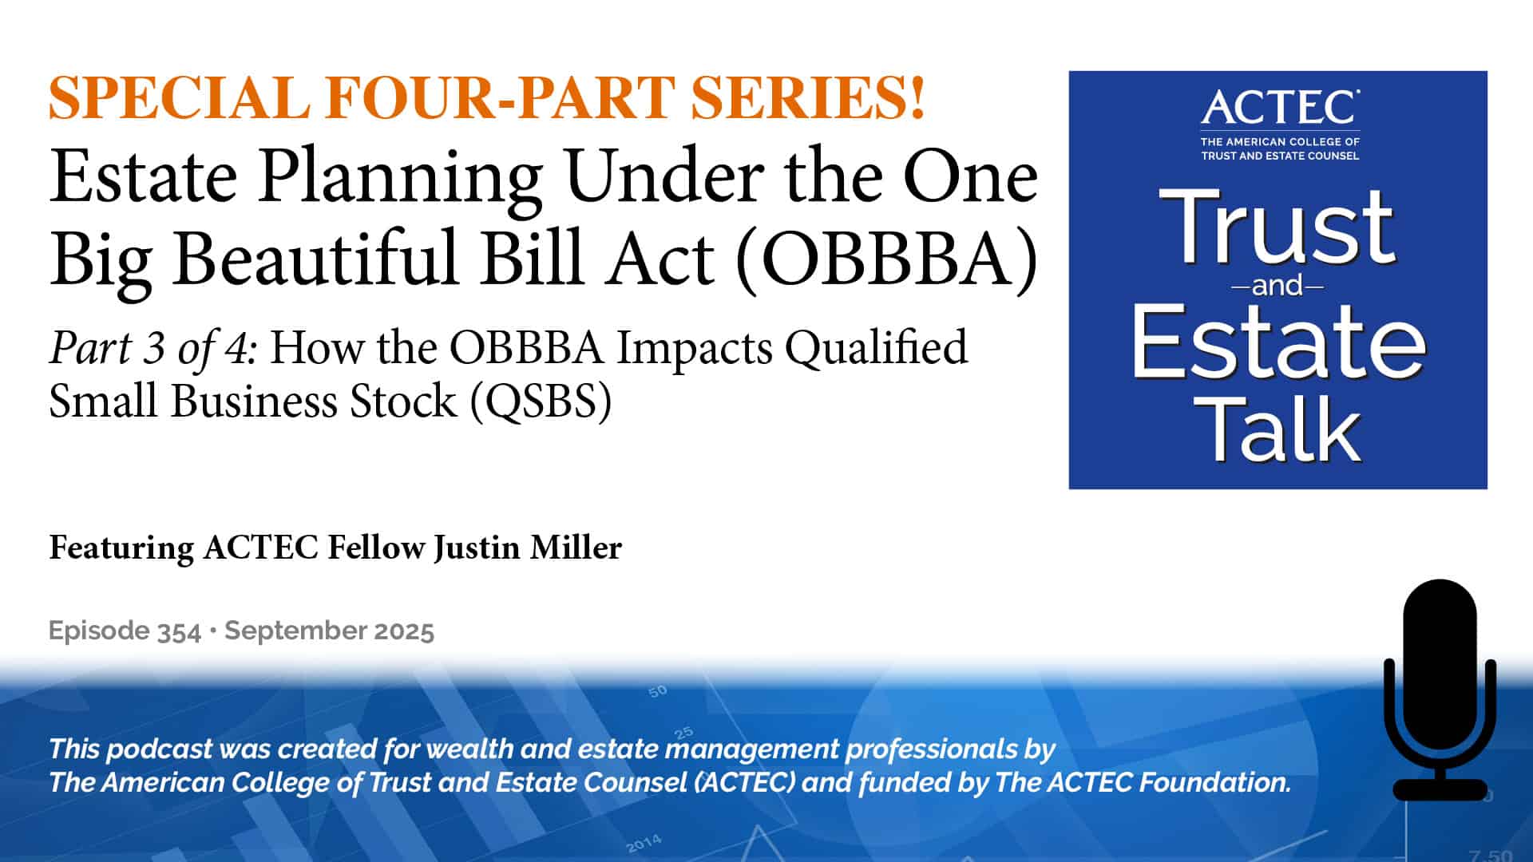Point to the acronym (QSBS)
[540, 401]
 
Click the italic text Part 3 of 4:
[153, 348]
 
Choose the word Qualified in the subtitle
[876, 348]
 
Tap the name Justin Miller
[528, 548]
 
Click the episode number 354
[179, 631]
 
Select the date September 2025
[329, 631]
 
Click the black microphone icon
[1440, 690]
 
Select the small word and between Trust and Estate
[1277, 286]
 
